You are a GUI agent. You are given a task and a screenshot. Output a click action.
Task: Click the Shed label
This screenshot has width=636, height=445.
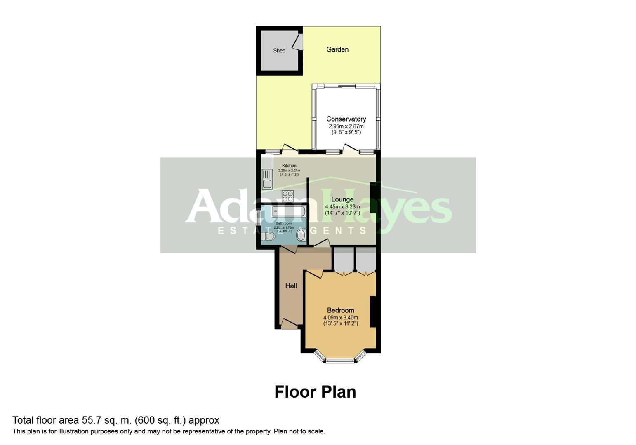tap(279, 51)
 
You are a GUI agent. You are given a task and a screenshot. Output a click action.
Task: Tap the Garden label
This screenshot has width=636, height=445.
tap(337, 49)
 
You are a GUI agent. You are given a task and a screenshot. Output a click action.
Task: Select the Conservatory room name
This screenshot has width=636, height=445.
tap(346, 119)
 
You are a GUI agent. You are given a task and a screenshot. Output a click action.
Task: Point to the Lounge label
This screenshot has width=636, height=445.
tap(342, 199)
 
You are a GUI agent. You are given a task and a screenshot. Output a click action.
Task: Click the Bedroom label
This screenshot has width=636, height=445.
tap(341, 310)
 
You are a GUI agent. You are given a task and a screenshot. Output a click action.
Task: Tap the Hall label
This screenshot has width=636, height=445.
tap(291, 286)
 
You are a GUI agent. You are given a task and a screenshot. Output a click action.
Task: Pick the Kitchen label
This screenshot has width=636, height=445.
tap(289, 166)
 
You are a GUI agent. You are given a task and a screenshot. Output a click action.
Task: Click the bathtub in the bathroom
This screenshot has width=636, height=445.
tap(288, 212)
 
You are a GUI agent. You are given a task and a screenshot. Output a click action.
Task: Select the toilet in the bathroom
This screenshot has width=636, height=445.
tap(268, 237)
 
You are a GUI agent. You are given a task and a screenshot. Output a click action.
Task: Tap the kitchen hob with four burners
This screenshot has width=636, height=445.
tap(287, 196)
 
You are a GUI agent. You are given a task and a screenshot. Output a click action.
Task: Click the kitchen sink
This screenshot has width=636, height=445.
tap(267, 179)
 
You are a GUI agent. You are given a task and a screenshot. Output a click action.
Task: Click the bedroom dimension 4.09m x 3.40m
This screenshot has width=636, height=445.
tap(341, 318)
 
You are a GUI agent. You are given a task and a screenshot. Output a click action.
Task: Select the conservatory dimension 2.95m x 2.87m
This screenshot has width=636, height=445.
tap(346, 126)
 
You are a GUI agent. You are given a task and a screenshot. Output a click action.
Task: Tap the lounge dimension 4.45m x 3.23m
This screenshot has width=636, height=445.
tap(342, 206)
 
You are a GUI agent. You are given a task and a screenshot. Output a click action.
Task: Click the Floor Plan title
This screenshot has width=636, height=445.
tap(315, 392)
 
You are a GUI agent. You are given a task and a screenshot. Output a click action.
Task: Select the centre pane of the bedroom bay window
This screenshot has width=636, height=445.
tap(340, 361)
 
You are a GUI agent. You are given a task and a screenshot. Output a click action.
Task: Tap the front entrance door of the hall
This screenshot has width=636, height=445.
tap(289, 326)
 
